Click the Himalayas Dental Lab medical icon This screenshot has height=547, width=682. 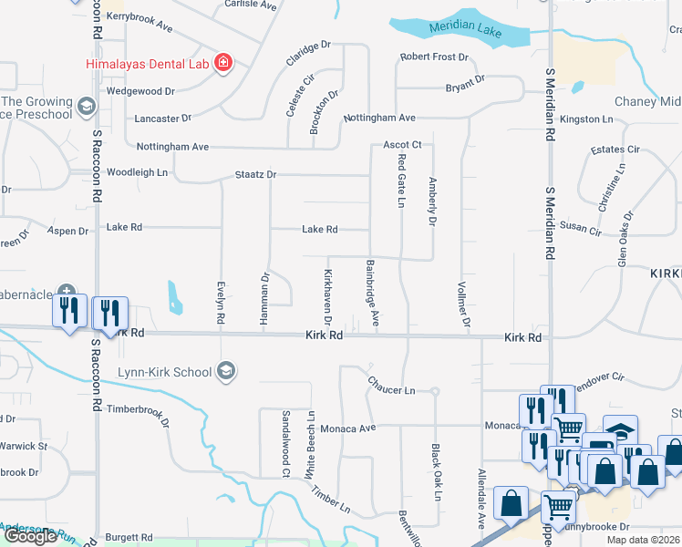tap(222, 63)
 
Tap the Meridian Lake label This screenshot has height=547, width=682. tap(470, 29)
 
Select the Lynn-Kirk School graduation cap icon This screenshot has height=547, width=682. tap(226, 371)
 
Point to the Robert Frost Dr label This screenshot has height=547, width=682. tap(433, 57)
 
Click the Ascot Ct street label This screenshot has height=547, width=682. tap(401, 145)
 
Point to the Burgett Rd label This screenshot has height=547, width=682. tap(128, 538)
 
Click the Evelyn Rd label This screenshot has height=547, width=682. tap(220, 304)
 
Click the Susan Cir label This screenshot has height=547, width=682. tap(580, 228)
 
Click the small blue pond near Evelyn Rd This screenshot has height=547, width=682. tap(174, 297)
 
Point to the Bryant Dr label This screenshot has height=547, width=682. tap(465, 85)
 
